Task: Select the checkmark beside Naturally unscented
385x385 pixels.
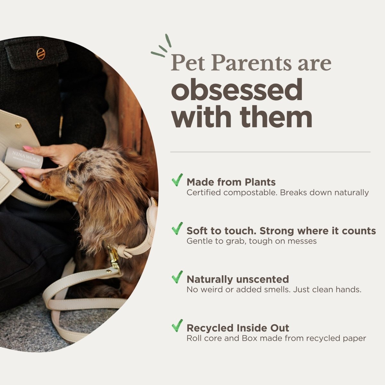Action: tap(177, 277)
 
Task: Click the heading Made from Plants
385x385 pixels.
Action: tap(231, 182)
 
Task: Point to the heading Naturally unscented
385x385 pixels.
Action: tap(238, 279)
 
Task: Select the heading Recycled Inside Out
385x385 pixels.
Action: tap(238, 328)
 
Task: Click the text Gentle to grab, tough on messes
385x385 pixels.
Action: tap(252, 241)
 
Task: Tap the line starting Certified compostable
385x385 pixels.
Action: tap(278, 193)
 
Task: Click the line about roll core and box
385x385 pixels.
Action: tap(276, 338)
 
